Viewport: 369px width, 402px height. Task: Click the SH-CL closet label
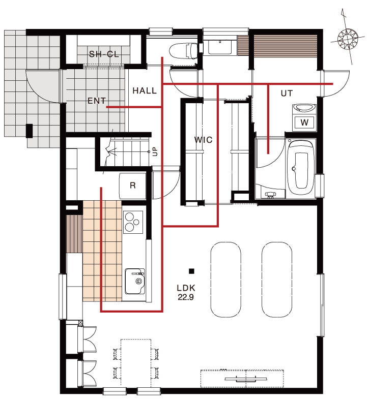[104, 54]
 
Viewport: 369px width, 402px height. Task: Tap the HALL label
[145, 90]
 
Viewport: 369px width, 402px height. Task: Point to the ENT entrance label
[97, 101]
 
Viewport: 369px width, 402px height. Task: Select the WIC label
[204, 140]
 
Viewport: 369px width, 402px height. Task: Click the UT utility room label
[287, 94]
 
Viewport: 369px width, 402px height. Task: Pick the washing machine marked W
[304, 122]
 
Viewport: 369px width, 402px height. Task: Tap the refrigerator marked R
[132, 185]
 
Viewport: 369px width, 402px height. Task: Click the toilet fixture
[183, 50]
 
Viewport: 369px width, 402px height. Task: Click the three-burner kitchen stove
[133, 222]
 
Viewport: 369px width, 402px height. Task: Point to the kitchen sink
[135, 281]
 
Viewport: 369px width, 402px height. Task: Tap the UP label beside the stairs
[155, 151]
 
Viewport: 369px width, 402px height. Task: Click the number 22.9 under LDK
[186, 297]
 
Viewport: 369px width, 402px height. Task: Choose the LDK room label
[186, 288]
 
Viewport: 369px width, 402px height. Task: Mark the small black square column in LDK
[191, 271]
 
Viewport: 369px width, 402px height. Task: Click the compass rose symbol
[348, 39]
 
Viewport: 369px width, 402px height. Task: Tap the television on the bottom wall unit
[246, 379]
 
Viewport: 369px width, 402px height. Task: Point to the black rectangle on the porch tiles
[30, 131]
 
